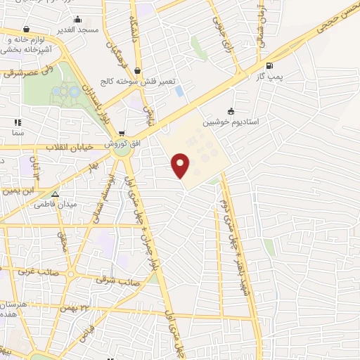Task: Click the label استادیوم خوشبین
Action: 231,122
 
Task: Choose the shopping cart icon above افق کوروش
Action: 122,134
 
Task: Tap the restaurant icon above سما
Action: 16,122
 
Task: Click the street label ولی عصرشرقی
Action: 25,70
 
